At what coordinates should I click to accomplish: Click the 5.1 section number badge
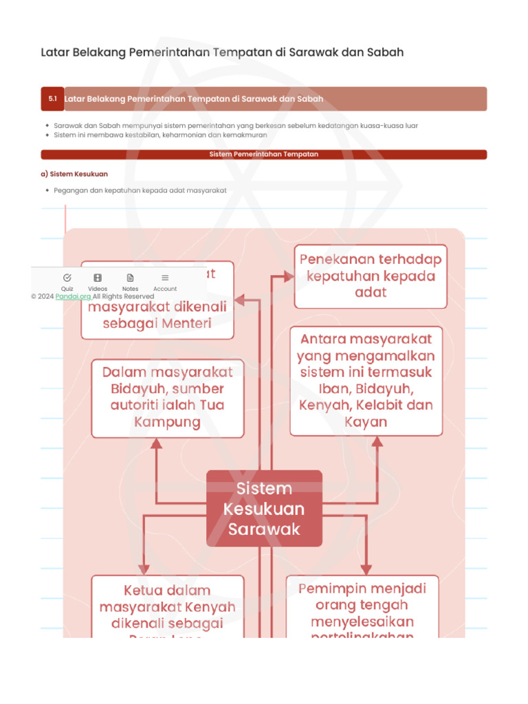pos(52,99)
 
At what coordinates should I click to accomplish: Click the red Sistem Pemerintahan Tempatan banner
pos(264,155)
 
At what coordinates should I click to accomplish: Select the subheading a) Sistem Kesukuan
pos(74,174)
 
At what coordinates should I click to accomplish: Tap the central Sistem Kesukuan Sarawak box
pos(264,508)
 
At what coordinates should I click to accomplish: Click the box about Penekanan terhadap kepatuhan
pos(371,276)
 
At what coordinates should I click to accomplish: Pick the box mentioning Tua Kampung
pos(167,397)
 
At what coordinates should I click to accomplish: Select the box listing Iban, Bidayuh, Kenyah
pos(366,380)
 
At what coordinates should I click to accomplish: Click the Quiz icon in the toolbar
pos(67,278)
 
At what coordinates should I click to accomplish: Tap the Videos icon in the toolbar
pos(98,278)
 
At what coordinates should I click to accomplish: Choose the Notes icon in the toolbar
pos(130,278)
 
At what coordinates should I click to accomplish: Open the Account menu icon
pos(165,278)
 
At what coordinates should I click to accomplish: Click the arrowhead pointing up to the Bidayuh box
pos(157,444)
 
